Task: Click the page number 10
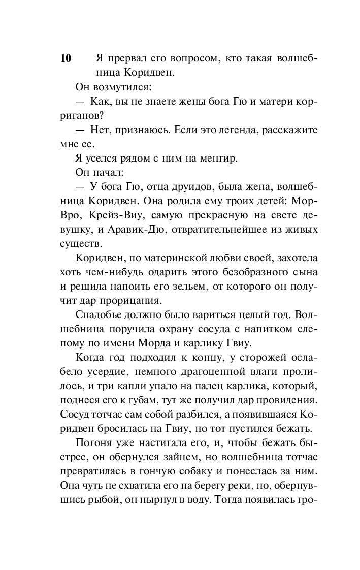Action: coord(66,58)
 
